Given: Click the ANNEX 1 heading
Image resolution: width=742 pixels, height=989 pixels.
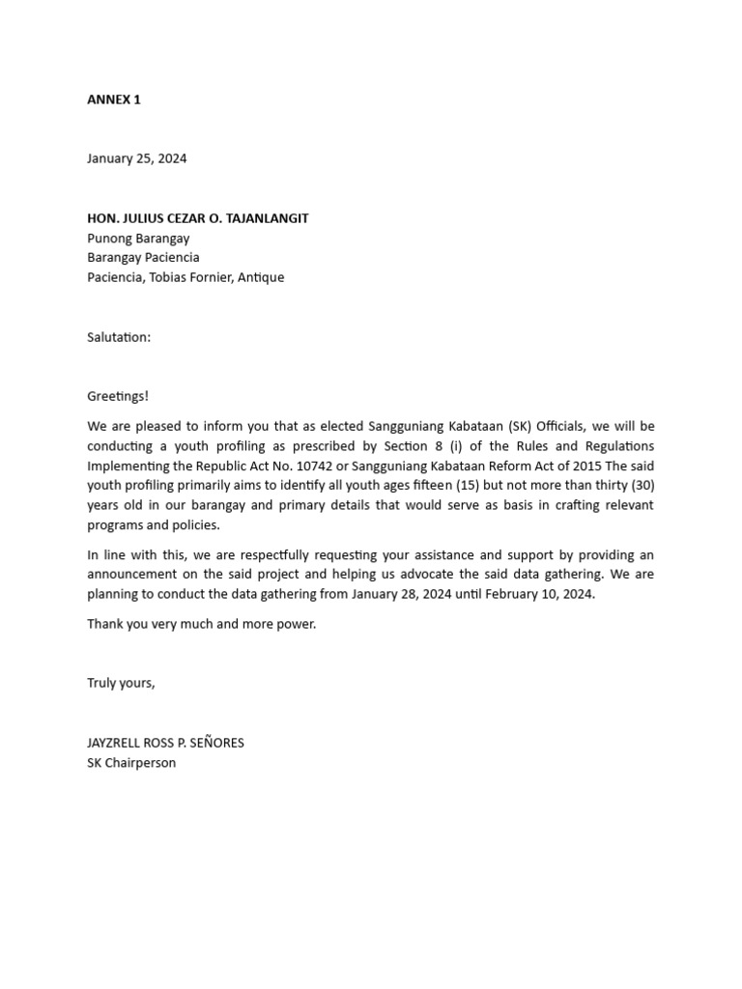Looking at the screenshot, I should pyautogui.click(x=114, y=99).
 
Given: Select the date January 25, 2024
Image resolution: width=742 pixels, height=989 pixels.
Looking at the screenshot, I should pyautogui.click(x=137, y=158).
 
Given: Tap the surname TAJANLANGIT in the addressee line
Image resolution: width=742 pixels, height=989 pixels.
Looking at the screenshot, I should pyautogui.click(x=261, y=218).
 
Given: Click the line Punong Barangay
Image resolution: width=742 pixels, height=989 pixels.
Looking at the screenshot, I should pyautogui.click(x=138, y=238).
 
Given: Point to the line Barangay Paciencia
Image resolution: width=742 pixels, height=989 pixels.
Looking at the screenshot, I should pyautogui.click(x=143, y=258).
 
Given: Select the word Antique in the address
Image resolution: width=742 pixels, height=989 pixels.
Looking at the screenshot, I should pyautogui.click(x=259, y=277).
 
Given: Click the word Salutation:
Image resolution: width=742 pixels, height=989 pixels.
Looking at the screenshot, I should pyautogui.click(x=119, y=337).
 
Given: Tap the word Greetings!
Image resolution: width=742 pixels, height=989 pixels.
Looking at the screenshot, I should pyautogui.click(x=118, y=396).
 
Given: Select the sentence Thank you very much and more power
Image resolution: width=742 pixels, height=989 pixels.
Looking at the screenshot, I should pyautogui.click(x=201, y=624).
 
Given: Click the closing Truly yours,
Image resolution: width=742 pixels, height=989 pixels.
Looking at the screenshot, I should pyautogui.click(x=121, y=683).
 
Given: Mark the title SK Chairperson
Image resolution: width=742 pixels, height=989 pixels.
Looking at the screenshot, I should pyautogui.click(x=131, y=763).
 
